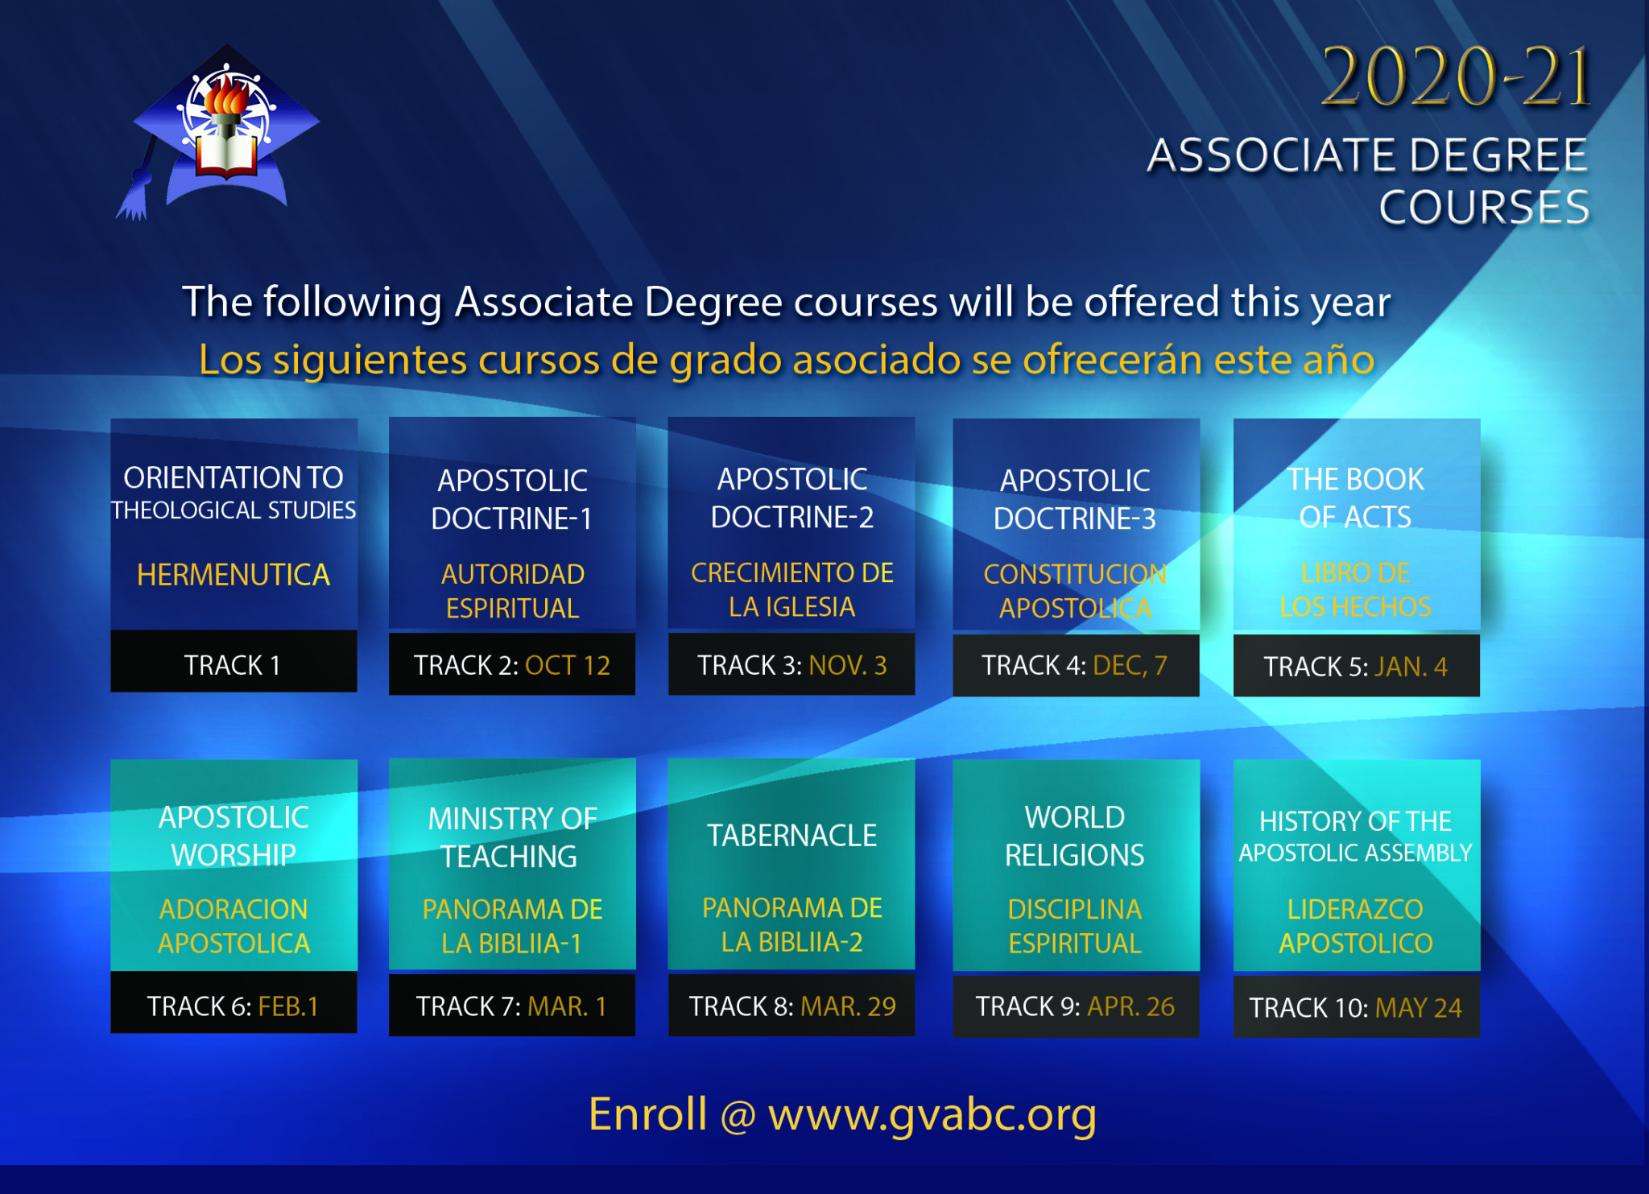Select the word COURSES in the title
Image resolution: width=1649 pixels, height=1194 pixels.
1484,207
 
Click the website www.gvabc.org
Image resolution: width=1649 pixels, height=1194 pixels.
932,1116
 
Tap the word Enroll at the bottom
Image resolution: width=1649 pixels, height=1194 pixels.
647,1114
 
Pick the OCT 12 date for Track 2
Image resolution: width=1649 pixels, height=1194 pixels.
568,665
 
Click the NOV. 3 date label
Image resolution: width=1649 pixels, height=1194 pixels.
847,665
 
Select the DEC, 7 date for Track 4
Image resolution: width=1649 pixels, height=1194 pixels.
1130,665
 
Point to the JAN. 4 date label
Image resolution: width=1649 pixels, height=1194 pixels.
1411,667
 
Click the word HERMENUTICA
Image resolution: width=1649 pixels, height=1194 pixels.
234,575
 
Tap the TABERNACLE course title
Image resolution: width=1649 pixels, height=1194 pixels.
792,836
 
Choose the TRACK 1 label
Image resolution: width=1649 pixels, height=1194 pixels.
232,665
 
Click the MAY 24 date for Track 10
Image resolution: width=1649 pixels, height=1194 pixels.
1419,1007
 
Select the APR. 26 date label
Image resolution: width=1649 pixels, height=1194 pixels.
1131,1006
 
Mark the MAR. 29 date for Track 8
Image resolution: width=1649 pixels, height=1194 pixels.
849,1006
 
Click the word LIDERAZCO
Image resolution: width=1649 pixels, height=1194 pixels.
1355,909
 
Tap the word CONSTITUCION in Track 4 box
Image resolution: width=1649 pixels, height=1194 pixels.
1075,574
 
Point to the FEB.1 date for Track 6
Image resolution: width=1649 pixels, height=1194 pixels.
288,1006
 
